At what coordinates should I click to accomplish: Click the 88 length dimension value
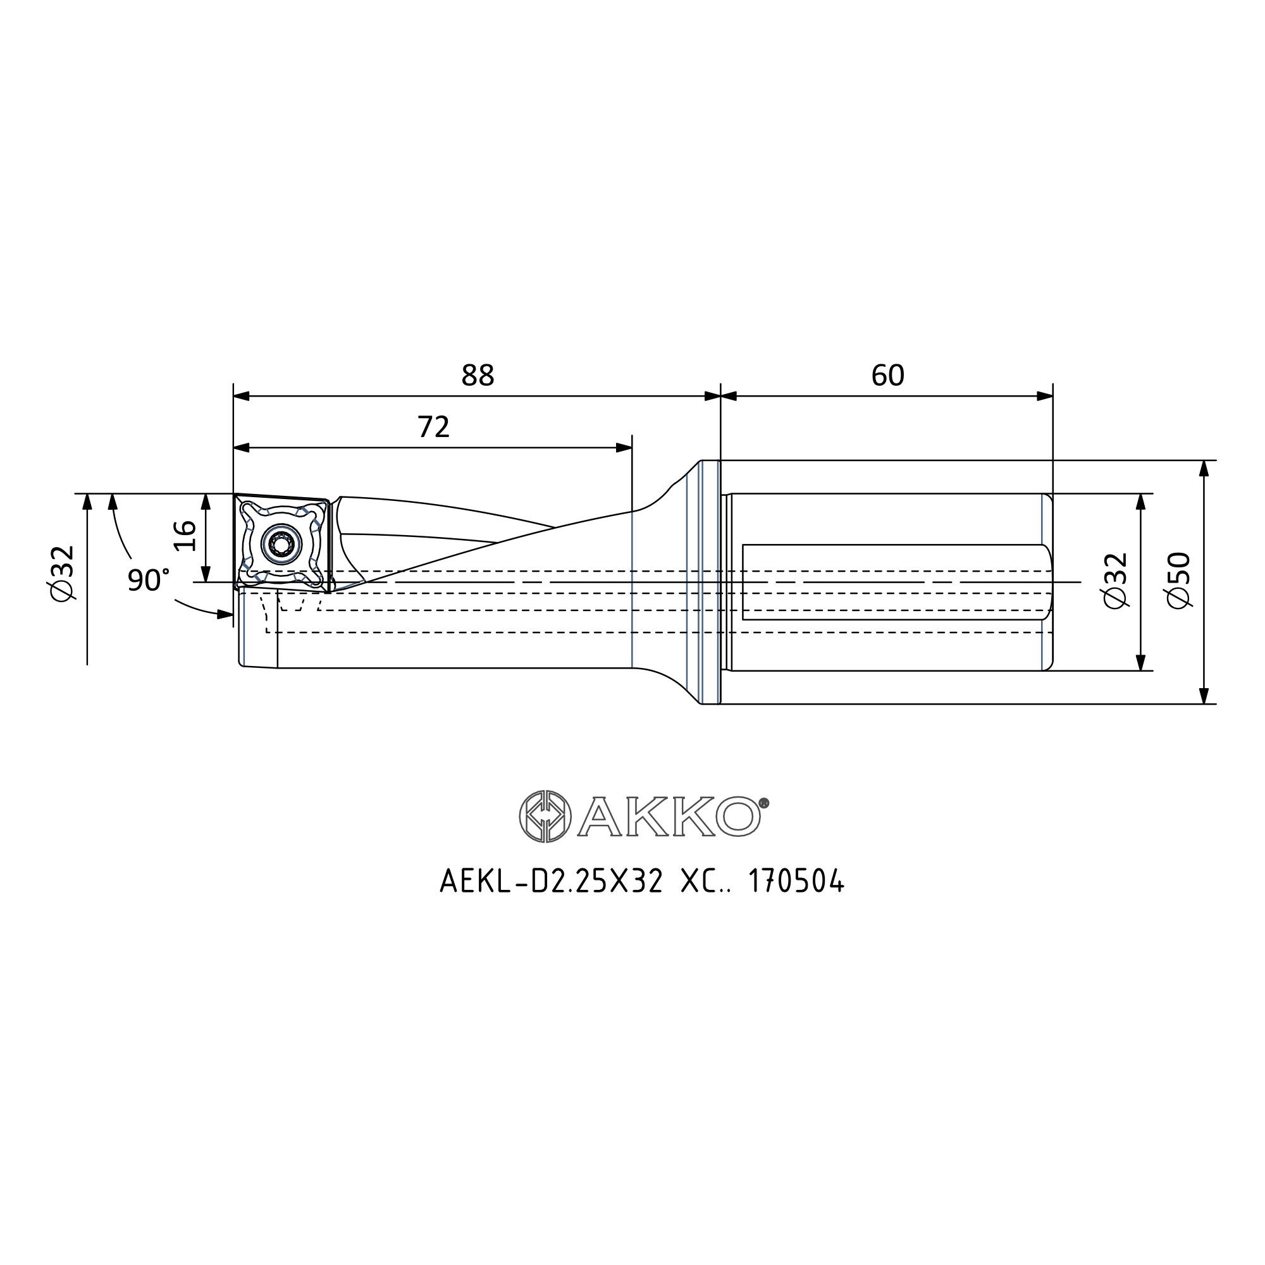[x=478, y=375]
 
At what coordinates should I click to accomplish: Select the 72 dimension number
[x=433, y=427]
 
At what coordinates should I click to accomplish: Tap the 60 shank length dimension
[x=888, y=375]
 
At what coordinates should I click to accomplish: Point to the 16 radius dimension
[x=186, y=535]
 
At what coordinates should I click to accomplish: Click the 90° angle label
[x=149, y=579]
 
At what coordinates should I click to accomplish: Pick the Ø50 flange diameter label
[x=1179, y=580]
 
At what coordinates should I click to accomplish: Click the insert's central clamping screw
[x=281, y=542]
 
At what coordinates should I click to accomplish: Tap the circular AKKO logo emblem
[x=545, y=816]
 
